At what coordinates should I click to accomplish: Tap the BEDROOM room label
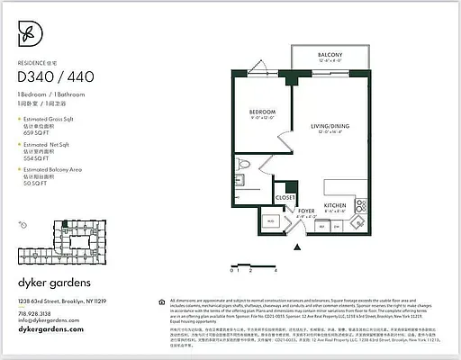(262, 112)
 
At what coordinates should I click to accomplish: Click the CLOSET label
(285, 196)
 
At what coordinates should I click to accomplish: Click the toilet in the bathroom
(244, 166)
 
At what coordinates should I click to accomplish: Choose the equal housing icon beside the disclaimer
(160, 301)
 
